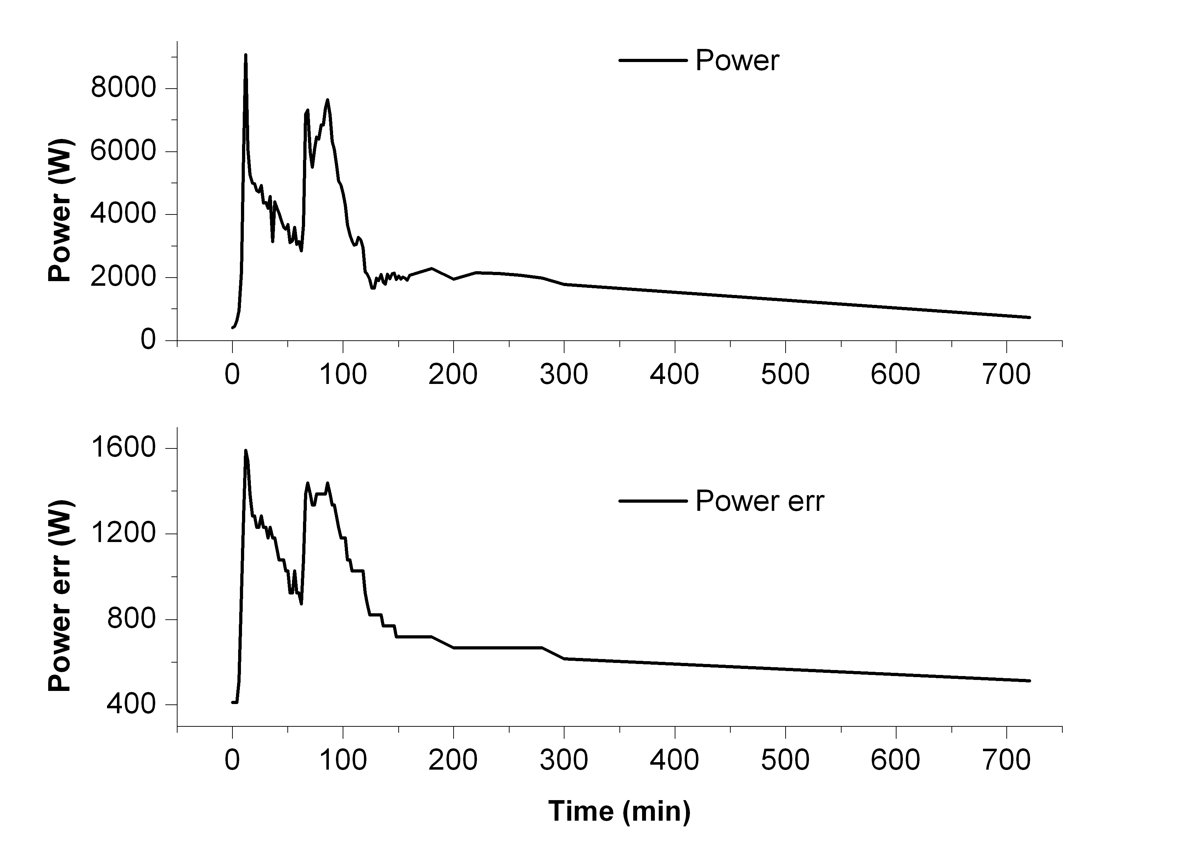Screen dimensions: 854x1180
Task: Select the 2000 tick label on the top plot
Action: click(x=123, y=277)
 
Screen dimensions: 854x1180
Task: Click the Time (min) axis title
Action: click(x=619, y=812)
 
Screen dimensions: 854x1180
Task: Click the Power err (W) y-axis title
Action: click(x=60, y=596)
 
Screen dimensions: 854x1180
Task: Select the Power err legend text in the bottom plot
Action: click(x=760, y=501)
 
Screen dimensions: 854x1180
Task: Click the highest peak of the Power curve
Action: click(x=246, y=55)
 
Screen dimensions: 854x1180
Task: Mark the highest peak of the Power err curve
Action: click(x=246, y=451)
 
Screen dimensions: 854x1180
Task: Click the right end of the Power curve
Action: click(x=1029, y=317)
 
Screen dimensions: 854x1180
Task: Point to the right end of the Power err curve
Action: click(x=1029, y=681)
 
